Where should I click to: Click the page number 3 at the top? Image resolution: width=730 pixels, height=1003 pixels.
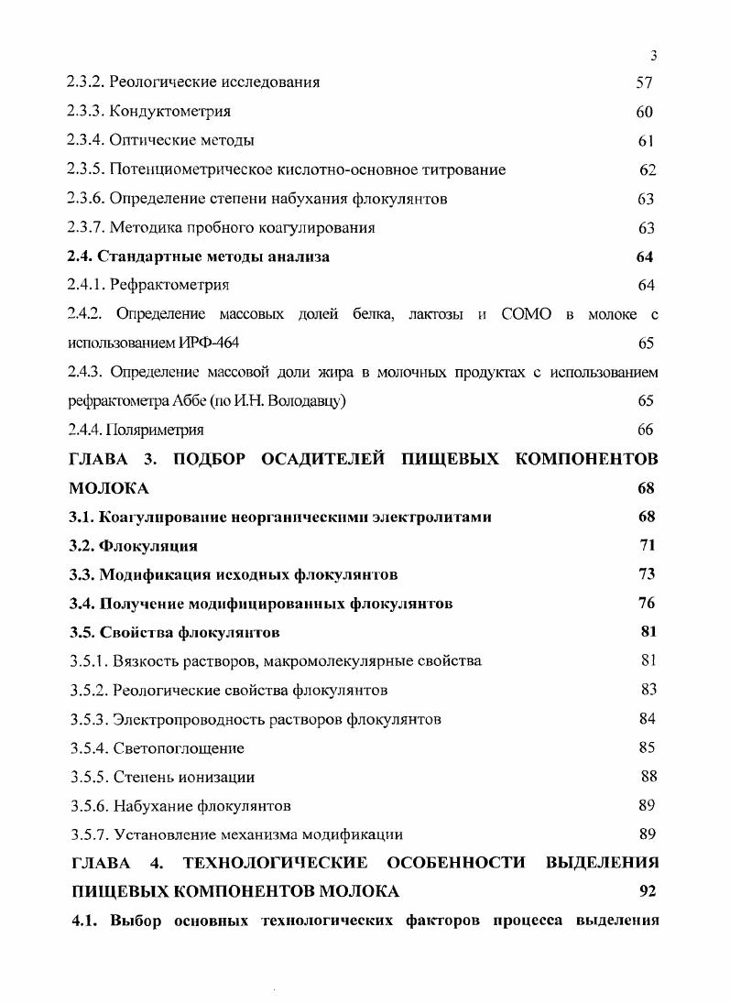pyautogui.click(x=654, y=55)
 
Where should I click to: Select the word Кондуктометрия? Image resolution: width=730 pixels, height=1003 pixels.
pyautogui.click(x=169, y=112)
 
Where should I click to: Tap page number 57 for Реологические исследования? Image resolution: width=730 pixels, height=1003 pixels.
pyautogui.click(x=644, y=82)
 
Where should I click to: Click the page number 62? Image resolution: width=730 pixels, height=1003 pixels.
pyautogui.click(x=648, y=169)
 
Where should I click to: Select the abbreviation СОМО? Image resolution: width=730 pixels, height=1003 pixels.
pyautogui.click(x=526, y=314)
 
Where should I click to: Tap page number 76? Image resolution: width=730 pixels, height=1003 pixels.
pyautogui.click(x=646, y=603)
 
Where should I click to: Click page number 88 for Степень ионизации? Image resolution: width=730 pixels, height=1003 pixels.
pyautogui.click(x=648, y=777)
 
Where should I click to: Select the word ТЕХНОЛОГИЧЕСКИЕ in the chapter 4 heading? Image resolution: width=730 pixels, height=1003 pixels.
pyautogui.click(x=276, y=863)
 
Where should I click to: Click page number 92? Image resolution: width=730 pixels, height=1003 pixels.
pyautogui.click(x=648, y=891)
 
